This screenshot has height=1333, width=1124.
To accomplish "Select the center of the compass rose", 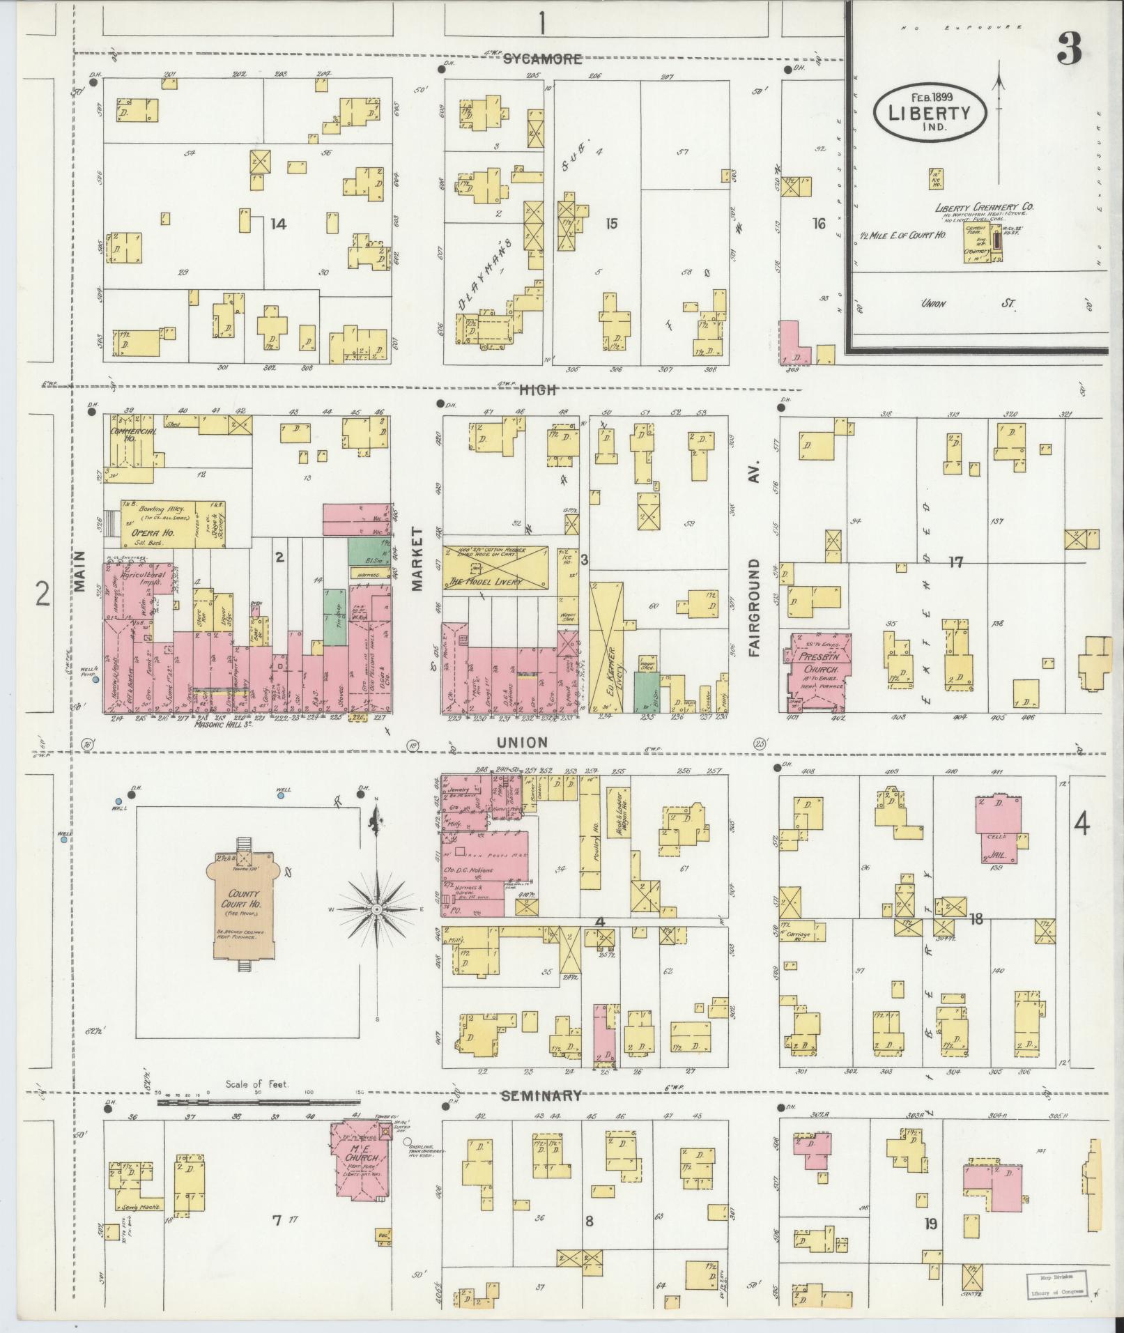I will coord(376,910).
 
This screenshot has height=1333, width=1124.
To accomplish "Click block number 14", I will coord(278,224).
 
